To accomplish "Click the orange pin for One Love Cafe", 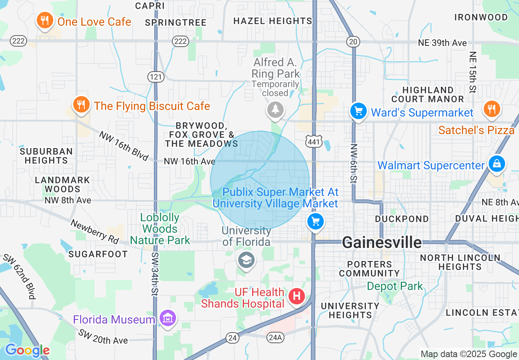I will click(x=45, y=20).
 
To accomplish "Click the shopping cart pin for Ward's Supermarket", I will click(x=359, y=111).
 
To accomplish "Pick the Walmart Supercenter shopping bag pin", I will click(x=496, y=164).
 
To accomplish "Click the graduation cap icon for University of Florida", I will click(x=246, y=260).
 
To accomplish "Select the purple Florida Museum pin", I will click(x=168, y=318).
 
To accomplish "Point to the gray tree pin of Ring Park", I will click(x=275, y=110).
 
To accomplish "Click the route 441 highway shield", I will click(x=314, y=140).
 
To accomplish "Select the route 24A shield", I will click(x=275, y=337).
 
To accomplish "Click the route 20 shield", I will click(x=353, y=41).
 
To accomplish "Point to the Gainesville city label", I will click(x=382, y=242).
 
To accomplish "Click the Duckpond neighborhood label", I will click(x=402, y=219).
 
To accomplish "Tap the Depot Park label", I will click(x=395, y=286).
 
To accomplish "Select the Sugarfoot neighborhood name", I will click(x=98, y=254).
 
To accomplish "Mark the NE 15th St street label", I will click(x=473, y=72).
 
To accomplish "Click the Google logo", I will click(x=27, y=350).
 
